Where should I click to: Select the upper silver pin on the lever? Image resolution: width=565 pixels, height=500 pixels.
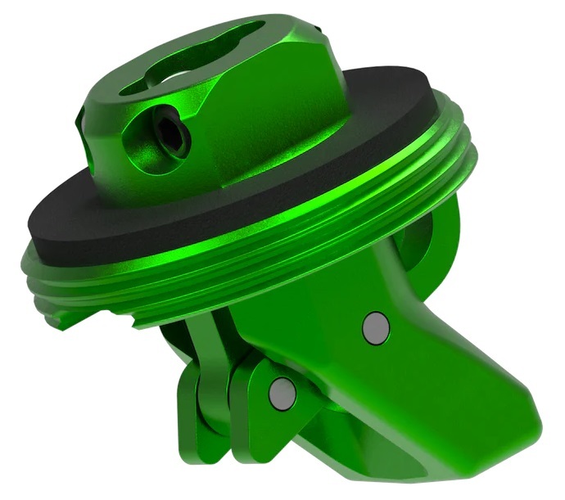376,327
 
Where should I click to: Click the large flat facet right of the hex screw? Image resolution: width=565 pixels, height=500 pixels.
270,123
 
